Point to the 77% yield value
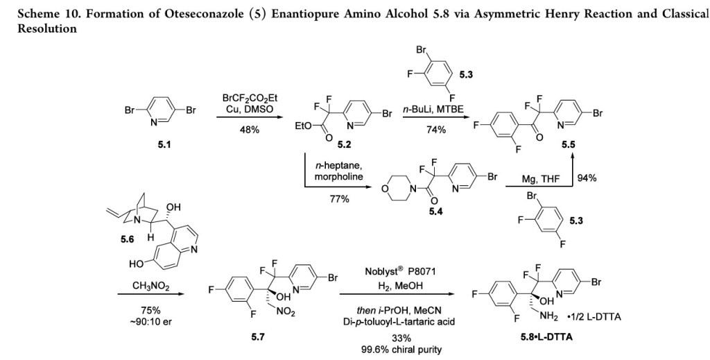click(338, 199)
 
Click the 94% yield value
click(587, 178)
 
